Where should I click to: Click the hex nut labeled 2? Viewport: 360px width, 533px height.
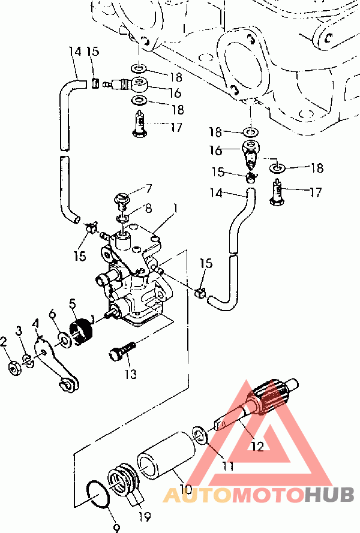[x=14, y=368]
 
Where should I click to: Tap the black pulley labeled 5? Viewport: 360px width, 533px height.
[x=81, y=329]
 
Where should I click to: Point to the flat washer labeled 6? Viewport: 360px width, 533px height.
[x=64, y=340]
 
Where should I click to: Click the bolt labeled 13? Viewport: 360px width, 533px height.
[x=122, y=351]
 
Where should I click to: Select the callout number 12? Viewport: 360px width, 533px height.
[x=257, y=446]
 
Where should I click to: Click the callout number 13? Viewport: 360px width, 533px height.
[x=130, y=374]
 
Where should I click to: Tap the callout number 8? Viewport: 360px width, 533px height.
[x=148, y=208]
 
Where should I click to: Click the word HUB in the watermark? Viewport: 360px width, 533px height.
[x=329, y=494]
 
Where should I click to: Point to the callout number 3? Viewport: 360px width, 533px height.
[x=19, y=330]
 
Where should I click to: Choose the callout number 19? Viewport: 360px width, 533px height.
[x=144, y=517]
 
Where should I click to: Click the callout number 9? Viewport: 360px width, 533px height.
[x=116, y=528]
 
